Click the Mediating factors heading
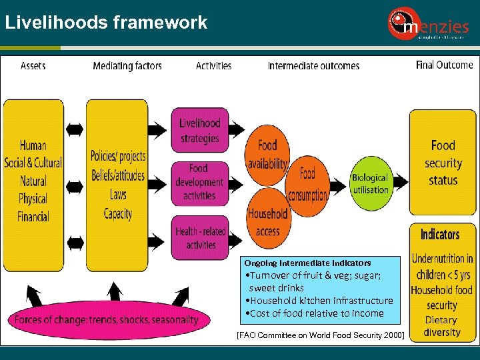coord(127,65)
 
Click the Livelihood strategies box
coord(199,131)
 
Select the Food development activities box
coord(199,182)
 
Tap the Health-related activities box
coord(199,237)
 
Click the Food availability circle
coord(267,153)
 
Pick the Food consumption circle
coord(307,184)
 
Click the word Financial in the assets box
coord(33,217)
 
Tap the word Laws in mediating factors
coord(118,195)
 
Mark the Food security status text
coord(443,163)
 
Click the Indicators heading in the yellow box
coord(440,234)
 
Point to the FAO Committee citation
coord(320,335)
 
